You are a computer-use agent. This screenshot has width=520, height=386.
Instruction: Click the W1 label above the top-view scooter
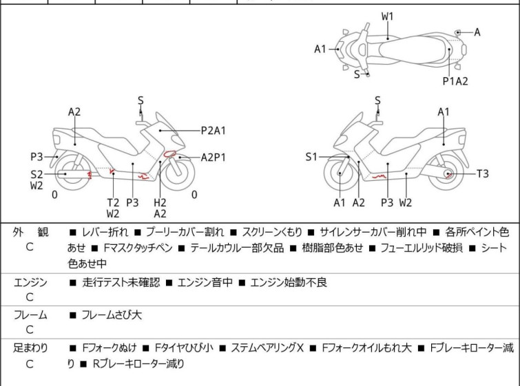[388, 15]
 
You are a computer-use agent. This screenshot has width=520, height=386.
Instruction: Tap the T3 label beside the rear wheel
[482, 174]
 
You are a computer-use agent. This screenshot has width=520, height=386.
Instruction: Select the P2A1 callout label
[214, 129]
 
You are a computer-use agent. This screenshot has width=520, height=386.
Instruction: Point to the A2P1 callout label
[214, 157]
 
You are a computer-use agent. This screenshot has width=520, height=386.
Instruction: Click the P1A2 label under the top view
[455, 81]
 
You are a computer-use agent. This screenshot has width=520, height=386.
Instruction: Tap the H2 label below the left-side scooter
[160, 202]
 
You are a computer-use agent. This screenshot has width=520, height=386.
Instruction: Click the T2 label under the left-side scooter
[113, 202]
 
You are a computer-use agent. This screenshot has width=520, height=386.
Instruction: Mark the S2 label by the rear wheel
[37, 174]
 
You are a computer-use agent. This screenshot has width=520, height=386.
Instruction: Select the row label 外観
[30, 233]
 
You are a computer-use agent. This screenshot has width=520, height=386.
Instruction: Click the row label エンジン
[30, 282]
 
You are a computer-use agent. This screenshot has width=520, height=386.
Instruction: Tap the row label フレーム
[30, 315]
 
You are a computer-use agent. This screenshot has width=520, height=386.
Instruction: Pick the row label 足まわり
[30, 348]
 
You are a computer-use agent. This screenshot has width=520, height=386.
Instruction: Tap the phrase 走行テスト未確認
[121, 282]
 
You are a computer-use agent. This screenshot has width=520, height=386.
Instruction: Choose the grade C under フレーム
[30, 330]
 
